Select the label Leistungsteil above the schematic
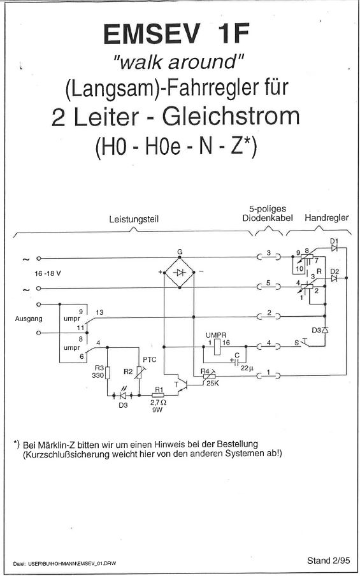134,220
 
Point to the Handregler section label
327,218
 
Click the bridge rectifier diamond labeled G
179,273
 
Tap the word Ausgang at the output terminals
29,319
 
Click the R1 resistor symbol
159,395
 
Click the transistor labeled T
183,384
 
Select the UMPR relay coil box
217,347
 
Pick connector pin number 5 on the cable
268,283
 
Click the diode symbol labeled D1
334,248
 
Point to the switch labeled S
303,343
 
